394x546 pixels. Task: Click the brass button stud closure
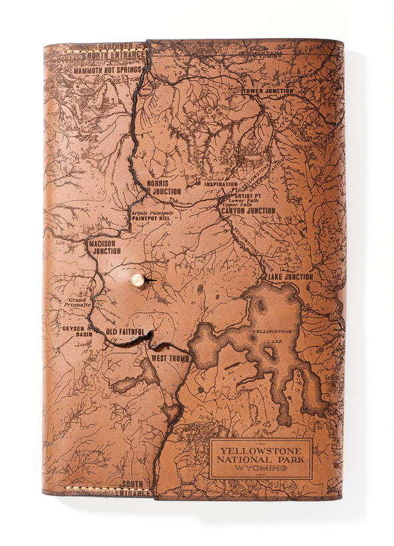click(x=138, y=280)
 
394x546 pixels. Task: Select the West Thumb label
click(x=170, y=358)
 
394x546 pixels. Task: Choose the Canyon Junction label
click(x=248, y=211)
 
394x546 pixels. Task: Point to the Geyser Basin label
click(x=73, y=332)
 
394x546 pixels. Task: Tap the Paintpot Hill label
click(x=151, y=218)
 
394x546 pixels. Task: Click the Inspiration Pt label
click(x=221, y=184)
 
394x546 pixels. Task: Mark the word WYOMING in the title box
click(x=260, y=468)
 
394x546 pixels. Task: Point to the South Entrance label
click(x=134, y=487)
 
